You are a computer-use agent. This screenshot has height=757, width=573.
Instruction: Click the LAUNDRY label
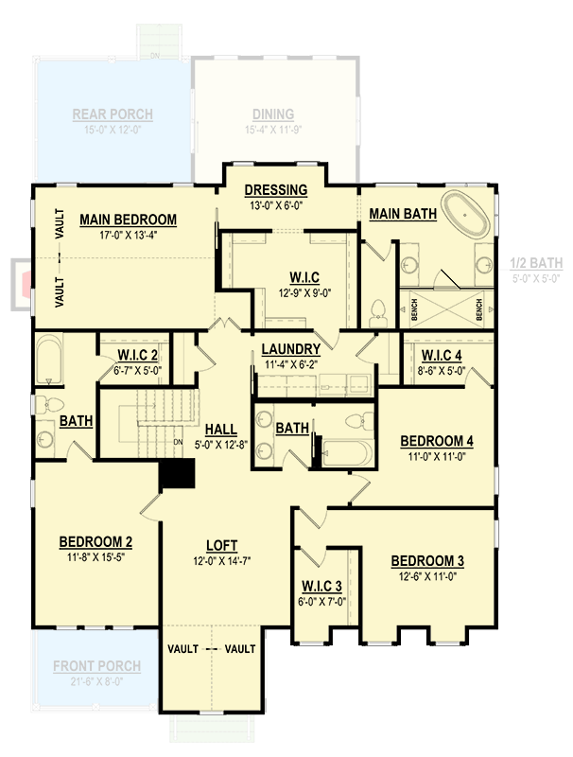291,349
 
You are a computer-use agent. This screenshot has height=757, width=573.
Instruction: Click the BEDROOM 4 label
437,440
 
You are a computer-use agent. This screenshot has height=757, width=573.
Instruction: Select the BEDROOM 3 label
427,560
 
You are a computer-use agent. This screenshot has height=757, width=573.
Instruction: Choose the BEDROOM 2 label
95,541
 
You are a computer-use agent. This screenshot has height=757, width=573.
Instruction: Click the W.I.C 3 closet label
321,585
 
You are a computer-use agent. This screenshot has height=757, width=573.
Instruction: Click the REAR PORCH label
113,114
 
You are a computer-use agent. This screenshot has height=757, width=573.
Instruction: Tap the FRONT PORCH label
96,666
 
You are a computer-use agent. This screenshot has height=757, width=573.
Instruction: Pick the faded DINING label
272,114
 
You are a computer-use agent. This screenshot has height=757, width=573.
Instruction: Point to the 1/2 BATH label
536,263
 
